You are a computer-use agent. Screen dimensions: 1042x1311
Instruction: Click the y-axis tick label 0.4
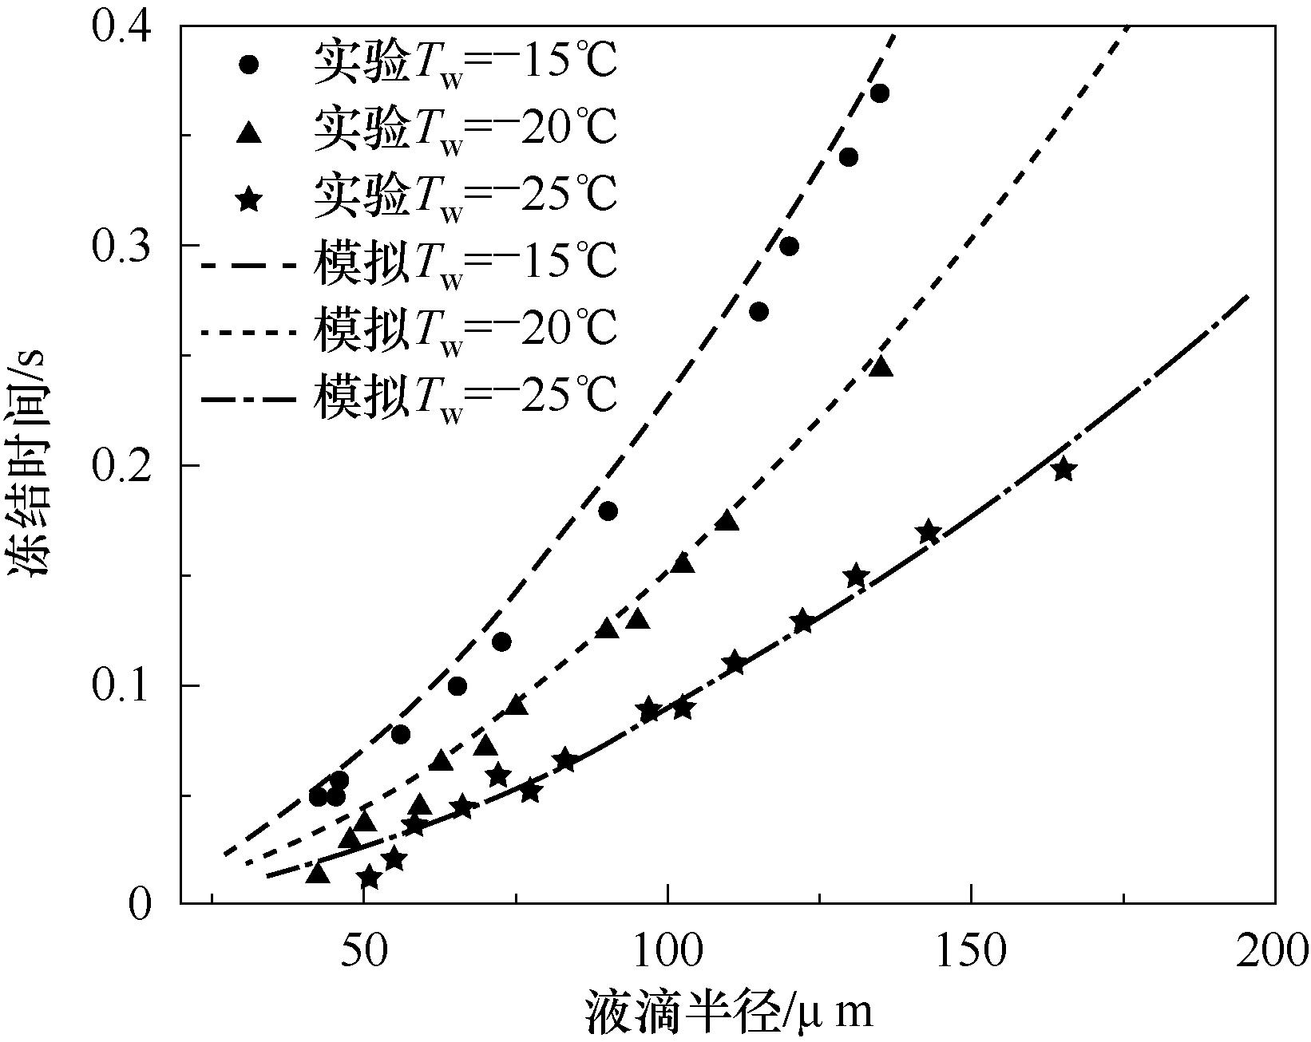121,26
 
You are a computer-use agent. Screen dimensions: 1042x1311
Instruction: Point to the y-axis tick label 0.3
121,246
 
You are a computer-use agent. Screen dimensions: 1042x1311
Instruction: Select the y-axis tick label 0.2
121,467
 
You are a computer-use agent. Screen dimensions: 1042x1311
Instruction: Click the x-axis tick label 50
363,951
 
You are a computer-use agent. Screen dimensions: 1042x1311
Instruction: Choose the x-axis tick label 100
667,951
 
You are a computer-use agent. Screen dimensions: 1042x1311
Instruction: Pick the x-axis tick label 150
971,951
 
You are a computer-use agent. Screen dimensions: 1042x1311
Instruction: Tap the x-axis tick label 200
1273,951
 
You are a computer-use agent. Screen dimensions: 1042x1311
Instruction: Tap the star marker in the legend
251,198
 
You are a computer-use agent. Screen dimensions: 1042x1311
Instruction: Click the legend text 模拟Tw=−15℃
465,263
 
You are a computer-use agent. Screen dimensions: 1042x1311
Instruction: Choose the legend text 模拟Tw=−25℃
465,394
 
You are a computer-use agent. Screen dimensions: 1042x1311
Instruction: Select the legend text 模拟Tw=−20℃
465,329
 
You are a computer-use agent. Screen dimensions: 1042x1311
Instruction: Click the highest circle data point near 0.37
880,93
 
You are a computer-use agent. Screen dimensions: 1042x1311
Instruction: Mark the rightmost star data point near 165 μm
1063,469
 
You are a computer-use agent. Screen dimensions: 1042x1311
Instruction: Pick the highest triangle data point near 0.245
881,367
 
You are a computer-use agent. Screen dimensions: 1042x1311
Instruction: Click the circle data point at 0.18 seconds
608,511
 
